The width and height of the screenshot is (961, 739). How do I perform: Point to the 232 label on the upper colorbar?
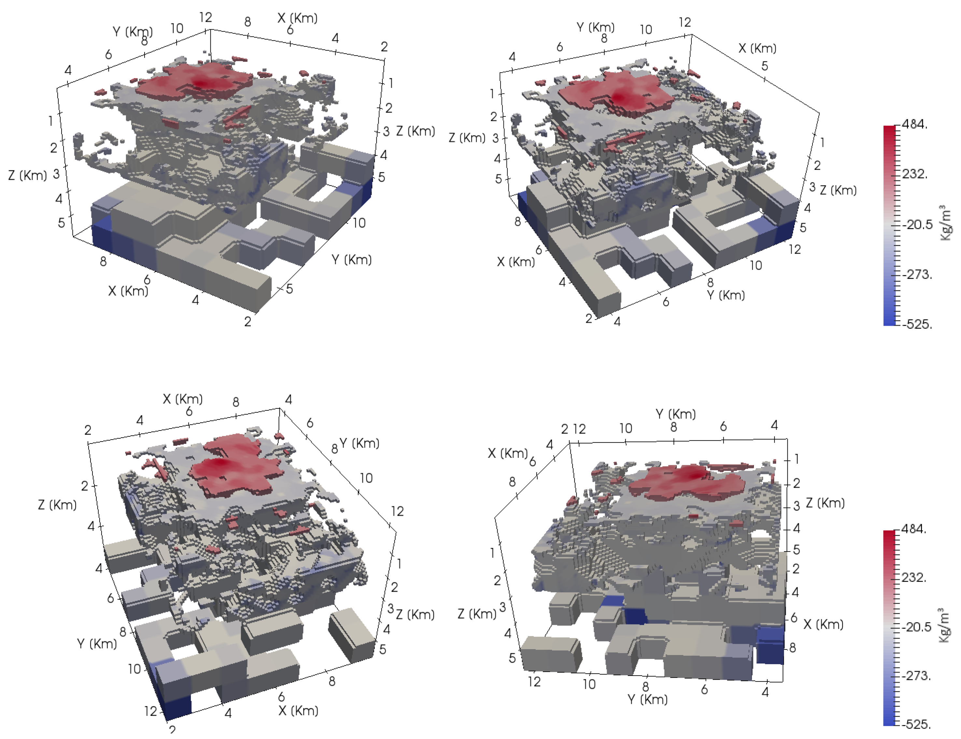[914, 174]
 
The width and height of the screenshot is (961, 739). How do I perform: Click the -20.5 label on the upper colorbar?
[917, 225]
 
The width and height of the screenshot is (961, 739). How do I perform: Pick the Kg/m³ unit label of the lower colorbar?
[944, 625]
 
